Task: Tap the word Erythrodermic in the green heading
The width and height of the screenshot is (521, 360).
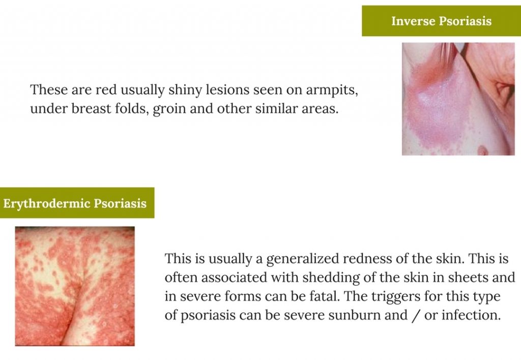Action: (x=47, y=204)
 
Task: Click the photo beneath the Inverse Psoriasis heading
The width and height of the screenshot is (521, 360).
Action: (x=458, y=99)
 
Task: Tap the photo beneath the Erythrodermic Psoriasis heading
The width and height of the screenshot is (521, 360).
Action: (x=75, y=286)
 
